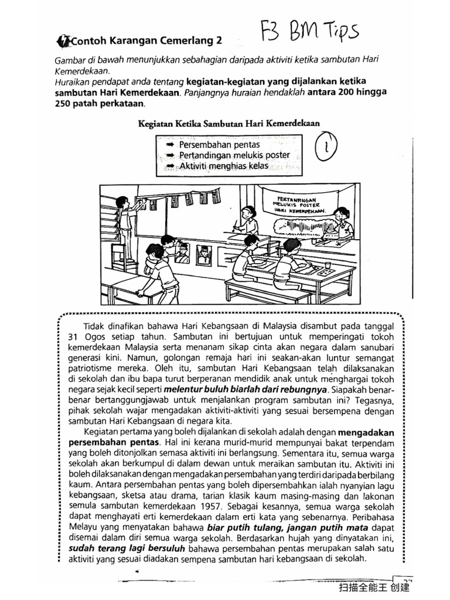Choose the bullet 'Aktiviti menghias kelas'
point(223,166)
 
